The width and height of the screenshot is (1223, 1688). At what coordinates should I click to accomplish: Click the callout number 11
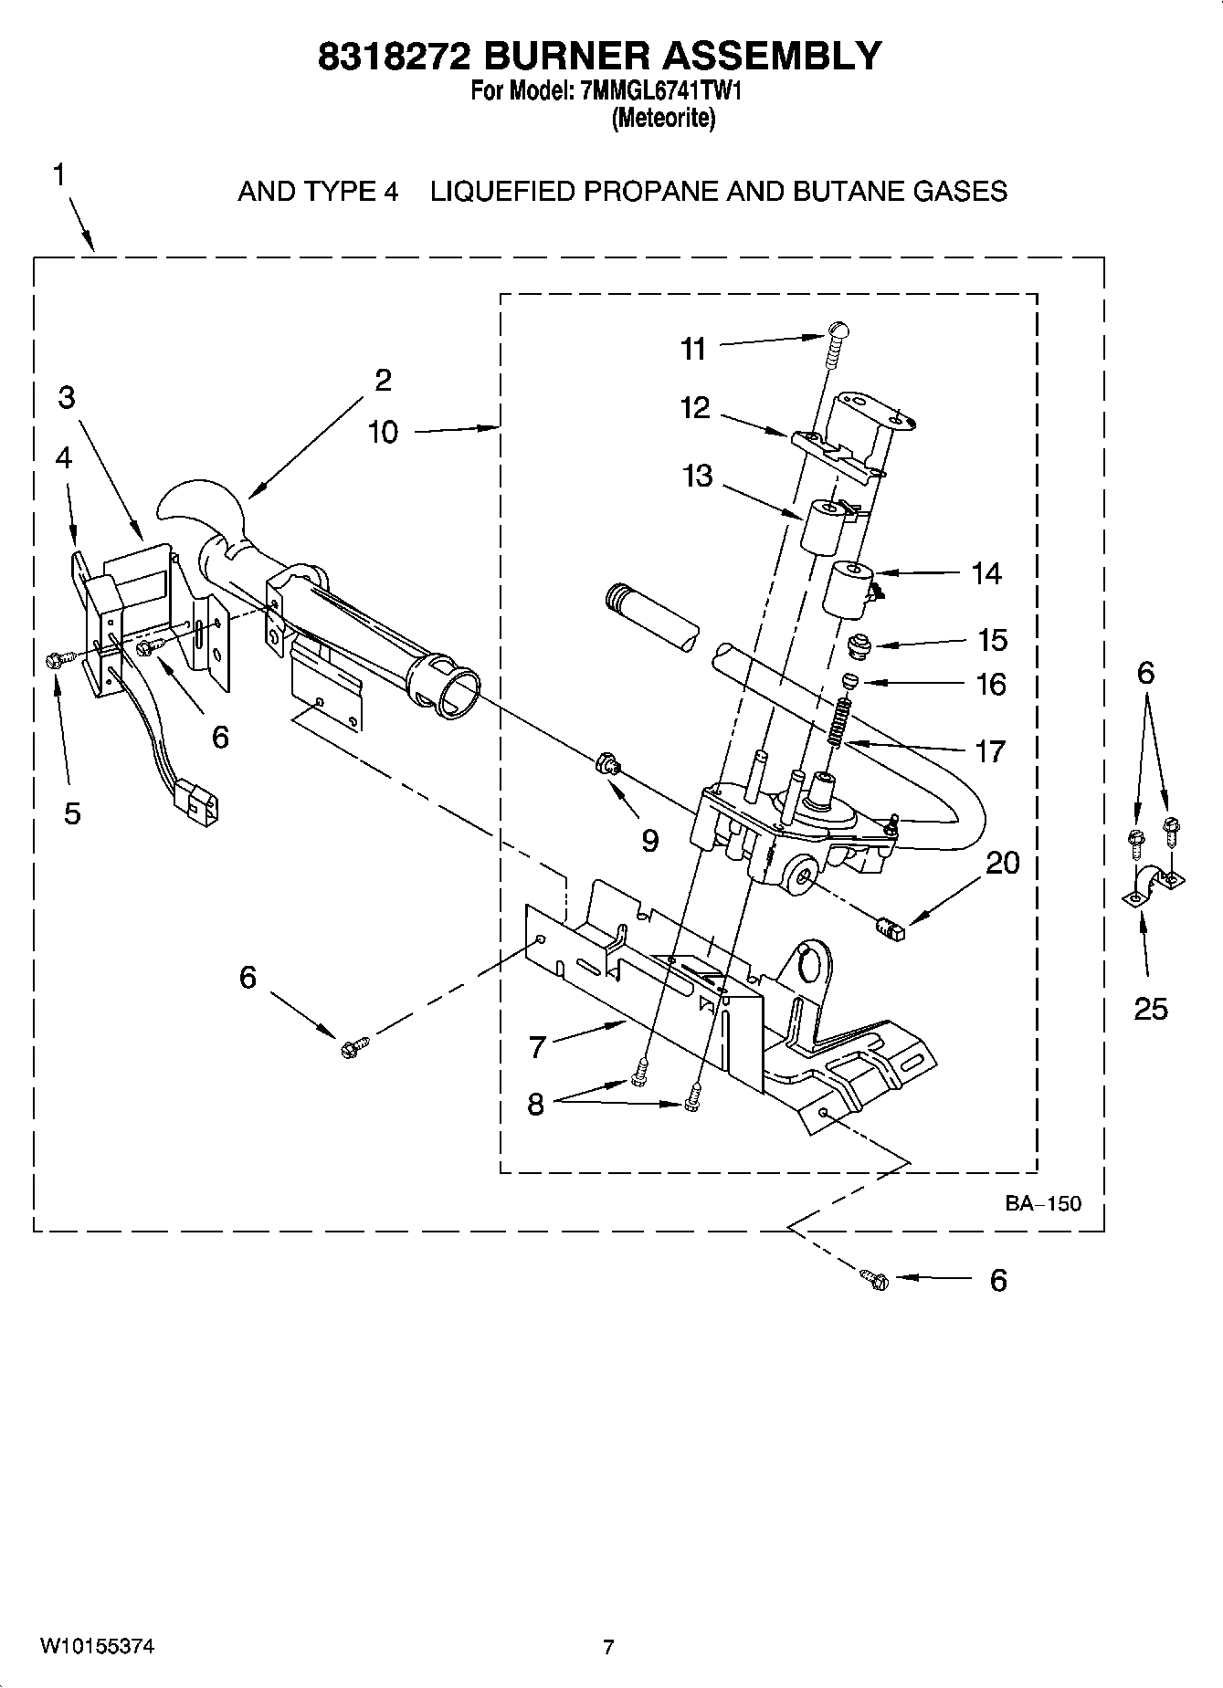[693, 348]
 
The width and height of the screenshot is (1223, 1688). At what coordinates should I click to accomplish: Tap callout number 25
[1151, 1008]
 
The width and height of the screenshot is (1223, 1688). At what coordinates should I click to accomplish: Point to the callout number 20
[1002, 862]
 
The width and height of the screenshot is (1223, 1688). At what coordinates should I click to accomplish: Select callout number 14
[986, 573]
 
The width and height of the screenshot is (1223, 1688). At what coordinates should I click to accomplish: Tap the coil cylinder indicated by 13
[825, 527]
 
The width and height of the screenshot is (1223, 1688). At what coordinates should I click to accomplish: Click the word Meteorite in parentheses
[663, 118]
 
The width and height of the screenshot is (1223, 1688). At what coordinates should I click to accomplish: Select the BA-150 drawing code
[1043, 1203]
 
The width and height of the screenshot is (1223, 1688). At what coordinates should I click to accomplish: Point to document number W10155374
[97, 1647]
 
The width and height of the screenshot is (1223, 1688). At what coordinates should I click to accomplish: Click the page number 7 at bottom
[608, 1647]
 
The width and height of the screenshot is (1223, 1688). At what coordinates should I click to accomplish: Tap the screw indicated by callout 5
[53, 659]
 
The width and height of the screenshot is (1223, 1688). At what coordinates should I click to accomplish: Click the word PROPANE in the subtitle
[649, 192]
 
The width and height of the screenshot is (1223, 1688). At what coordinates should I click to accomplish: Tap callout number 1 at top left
[58, 174]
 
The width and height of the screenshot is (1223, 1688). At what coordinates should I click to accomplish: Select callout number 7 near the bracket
[537, 1046]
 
